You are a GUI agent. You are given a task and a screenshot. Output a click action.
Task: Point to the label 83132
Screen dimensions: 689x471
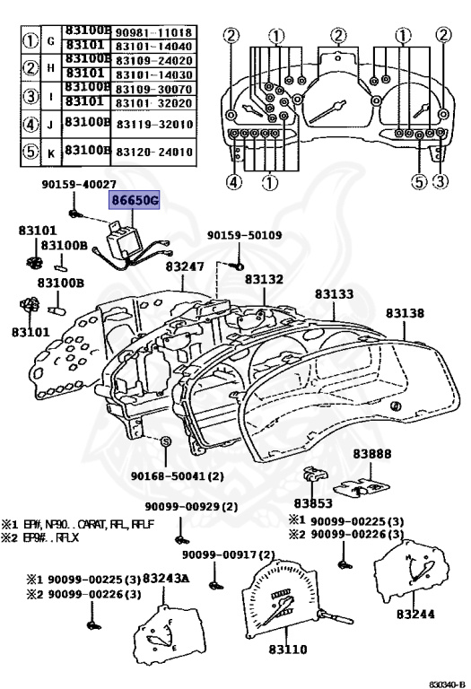pos(266,281)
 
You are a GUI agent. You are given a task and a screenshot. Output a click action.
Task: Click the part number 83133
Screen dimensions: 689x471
pos(334,294)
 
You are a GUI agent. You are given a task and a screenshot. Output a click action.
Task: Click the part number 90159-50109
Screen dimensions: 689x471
pos(245,235)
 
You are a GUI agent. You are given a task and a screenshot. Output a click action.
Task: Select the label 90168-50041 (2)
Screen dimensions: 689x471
pos(178,475)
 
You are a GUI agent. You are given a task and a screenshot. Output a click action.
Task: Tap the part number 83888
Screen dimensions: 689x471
pos(371,454)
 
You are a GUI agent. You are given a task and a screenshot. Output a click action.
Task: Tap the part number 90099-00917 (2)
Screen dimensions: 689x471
pos(225,555)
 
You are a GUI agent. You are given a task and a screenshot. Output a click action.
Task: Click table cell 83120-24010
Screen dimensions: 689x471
pos(153,151)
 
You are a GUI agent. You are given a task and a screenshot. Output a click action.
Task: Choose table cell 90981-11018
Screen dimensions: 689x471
pos(153,31)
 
